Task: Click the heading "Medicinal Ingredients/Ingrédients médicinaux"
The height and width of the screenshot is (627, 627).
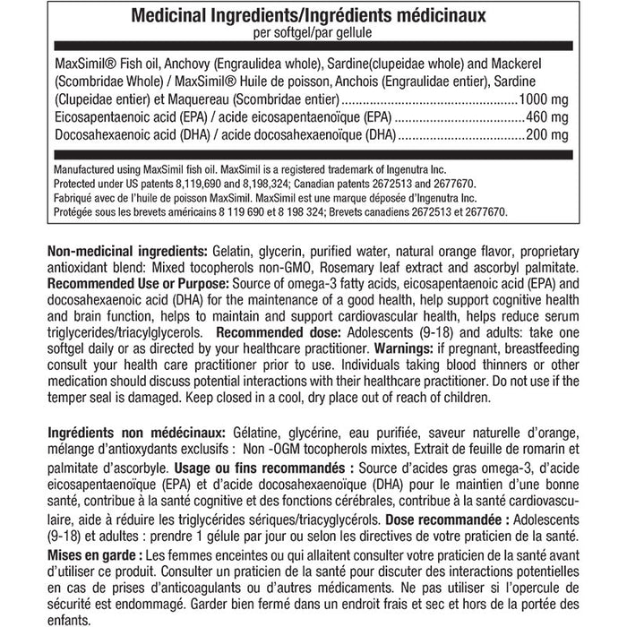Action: coord(313,16)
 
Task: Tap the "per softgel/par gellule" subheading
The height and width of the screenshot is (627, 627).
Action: coord(313,32)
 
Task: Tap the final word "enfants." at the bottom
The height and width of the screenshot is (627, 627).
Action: coord(67,620)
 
